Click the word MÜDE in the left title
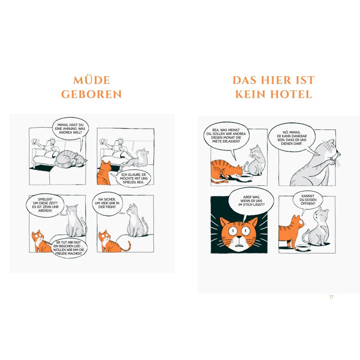click(92, 80)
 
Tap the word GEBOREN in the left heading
click(91, 94)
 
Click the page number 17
click(331, 297)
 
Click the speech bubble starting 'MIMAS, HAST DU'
click(70, 129)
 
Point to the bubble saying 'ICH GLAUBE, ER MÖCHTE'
click(133, 178)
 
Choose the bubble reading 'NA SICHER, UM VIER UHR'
click(107, 204)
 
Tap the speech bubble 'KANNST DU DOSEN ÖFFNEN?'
click(308, 200)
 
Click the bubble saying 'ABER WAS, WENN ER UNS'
click(251, 201)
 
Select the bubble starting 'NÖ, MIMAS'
click(291, 138)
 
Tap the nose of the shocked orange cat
click(239, 237)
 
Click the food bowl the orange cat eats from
click(245, 177)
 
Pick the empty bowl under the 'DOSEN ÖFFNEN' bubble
click(303, 247)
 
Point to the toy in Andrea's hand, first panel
click(35, 141)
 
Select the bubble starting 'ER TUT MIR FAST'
click(69, 248)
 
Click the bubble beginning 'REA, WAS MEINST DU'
click(226, 136)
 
